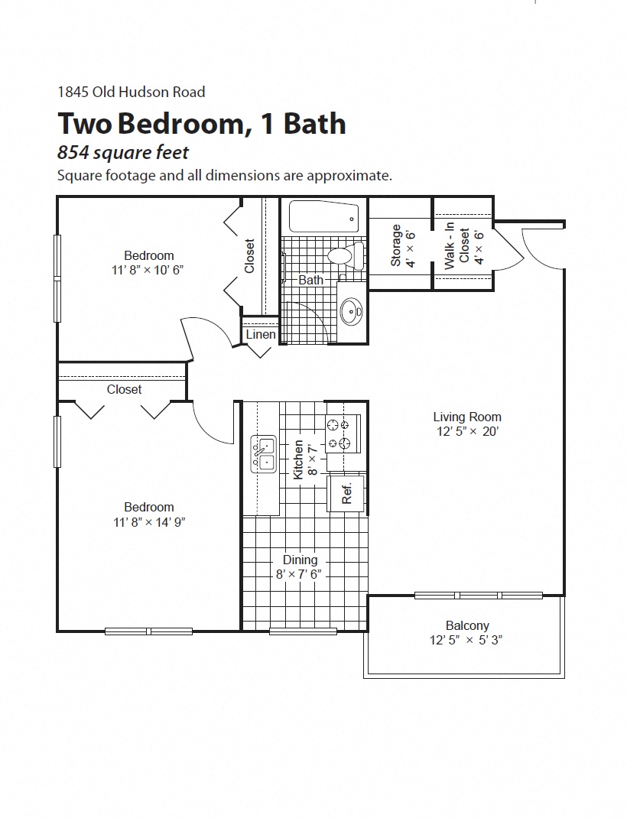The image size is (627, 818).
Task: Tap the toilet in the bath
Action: (x=343, y=256)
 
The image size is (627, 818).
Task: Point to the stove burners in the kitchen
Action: (x=339, y=434)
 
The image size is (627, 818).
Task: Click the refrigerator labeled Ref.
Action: (x=346, y=493)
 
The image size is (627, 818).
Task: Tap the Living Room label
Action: (x=467, y=417)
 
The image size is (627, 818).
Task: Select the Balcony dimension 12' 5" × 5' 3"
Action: (x=466, y=640)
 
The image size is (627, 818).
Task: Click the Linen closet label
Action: (x=261, y=335)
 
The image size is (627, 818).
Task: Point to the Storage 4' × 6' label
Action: (x=402, y=246)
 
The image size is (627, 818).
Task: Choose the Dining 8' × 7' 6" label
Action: (x=300, y=567)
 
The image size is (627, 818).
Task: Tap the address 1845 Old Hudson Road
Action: (x=132, y=92)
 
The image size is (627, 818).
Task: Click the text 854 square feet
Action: (x=123, y=153)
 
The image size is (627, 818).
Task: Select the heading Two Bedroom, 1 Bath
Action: (x=202, y=123)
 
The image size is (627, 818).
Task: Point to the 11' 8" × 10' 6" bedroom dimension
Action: (x=149, y=270)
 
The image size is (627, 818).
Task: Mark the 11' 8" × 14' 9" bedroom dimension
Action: (x=149, y=522)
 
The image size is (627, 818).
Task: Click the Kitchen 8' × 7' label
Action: (x=304, y=459)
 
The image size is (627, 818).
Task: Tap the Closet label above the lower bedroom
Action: (x=124, y=389)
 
